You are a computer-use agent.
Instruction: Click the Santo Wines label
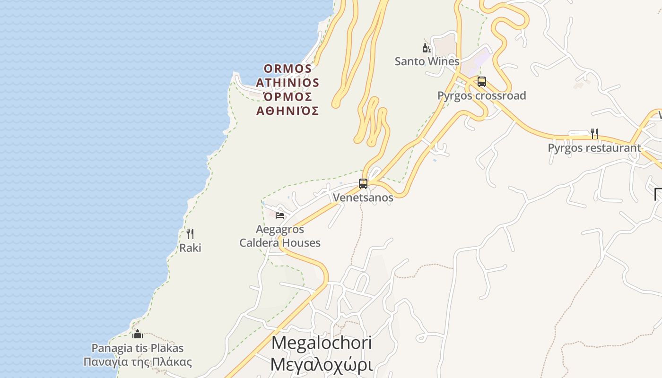pos(427,61)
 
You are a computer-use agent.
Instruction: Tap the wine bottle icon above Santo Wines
pos(427,48)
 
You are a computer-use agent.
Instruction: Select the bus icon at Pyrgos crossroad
pos(481,82)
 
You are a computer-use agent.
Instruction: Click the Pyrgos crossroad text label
pos(481,96)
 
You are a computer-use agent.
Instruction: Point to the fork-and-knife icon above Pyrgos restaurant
pos(594,134)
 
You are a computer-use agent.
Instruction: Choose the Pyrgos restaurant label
pos(594,148)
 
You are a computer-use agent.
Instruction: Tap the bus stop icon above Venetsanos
pos(363,184)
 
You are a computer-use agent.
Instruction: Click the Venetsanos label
pos(363,198)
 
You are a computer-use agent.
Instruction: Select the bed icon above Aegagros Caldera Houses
pos(280,215)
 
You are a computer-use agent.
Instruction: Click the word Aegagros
pos(280,230)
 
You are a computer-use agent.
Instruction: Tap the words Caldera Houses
pos(280,243)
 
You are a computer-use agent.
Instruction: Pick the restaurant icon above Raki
pos(190,233)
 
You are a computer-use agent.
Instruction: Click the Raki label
pos(190,248)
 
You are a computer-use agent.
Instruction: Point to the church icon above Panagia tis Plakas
pos(138,335)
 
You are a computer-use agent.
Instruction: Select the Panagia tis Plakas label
pos(138,348)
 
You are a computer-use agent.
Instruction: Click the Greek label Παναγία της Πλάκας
pos(138,362)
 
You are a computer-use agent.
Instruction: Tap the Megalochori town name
pos(322,343)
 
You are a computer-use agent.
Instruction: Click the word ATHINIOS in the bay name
pos(287,83)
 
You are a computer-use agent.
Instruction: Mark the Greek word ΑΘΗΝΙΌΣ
pos(287,111)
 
